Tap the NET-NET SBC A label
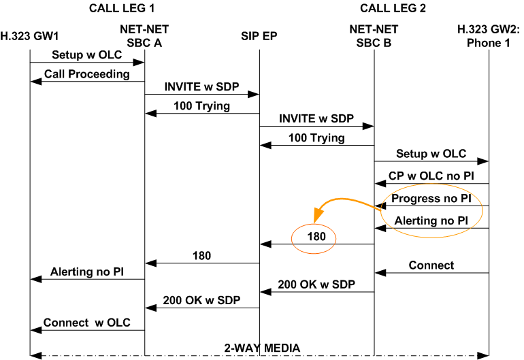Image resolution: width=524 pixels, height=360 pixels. (x=144, y=35)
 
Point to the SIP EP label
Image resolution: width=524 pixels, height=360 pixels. (x=259, y=35)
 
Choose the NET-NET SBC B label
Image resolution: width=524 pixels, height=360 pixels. (x=374, y=35)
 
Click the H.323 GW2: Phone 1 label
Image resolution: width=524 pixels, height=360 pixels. (x=488, y=35)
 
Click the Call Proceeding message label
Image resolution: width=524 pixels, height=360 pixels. (x=87, y=73)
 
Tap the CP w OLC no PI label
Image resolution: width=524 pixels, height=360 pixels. (x=431, y=175)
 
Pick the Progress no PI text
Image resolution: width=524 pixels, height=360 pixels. (x=431, y=198)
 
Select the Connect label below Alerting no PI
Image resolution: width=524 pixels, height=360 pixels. (x=431, y=265)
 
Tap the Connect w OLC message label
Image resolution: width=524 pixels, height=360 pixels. (x=87, y=322)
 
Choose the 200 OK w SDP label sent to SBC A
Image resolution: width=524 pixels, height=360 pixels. (x=201, y=299)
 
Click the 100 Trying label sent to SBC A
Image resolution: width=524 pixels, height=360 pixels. (x=201, y=105)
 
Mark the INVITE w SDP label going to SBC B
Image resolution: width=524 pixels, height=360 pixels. (x=316, y=118)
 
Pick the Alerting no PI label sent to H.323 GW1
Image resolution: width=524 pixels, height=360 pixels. (x=87, y=271)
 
